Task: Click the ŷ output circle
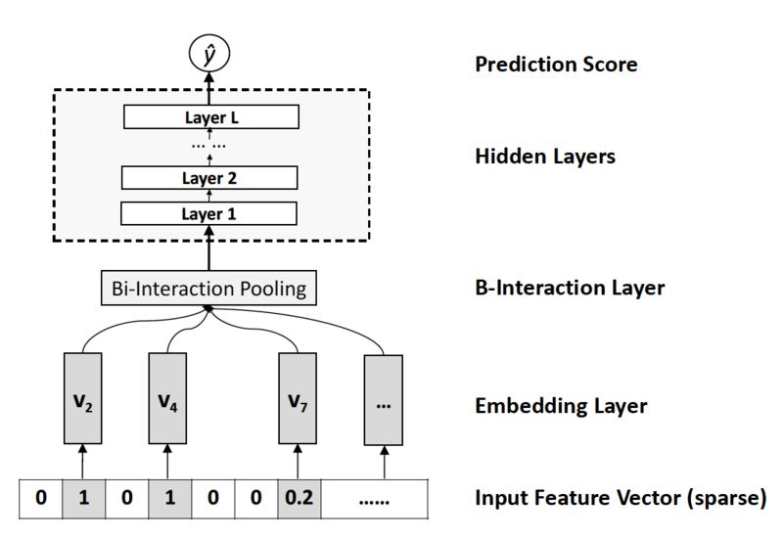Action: [209, 54]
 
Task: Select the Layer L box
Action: [211, 116]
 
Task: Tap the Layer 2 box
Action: [209, 178]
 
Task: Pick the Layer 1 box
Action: [208, 213]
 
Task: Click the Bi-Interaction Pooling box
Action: [208, 288]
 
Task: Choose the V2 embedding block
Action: [83, 398]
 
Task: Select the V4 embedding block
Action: [167, 398]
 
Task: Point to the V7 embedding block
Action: [298, 398]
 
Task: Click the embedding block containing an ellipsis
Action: [384, 400]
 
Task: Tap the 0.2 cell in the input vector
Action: [299, 499]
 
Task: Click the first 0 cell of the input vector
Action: [41, 499]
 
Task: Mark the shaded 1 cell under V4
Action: [169, 499]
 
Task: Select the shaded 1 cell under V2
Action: [84, 499]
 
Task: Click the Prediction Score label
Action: [556, 65]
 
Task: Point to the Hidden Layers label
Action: [545, 157]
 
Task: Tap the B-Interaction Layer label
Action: [570, 288]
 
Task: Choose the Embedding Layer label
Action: [561, 406]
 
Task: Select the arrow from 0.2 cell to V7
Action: [298, 462]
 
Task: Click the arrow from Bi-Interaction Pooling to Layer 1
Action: [208, 248]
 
